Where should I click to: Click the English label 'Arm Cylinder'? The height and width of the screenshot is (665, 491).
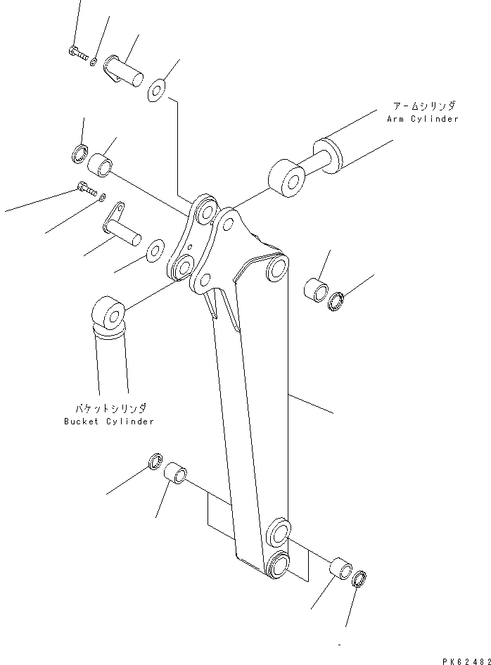point(422,119)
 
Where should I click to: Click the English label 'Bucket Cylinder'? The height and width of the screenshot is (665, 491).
point(108,421)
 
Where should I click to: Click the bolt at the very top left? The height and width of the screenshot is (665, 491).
point(77,51)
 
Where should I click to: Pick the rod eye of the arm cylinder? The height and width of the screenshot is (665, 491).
point(285,177)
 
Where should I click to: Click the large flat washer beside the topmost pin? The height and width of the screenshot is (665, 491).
point(156,90)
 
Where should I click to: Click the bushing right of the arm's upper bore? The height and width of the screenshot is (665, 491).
point(316,291)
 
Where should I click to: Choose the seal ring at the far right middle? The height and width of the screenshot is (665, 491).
point(337,301)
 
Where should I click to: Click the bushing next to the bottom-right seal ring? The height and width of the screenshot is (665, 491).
point(340,568)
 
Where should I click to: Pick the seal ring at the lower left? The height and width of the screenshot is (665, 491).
point(155,462)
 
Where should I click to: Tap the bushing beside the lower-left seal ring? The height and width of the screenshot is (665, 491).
point(177,474)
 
